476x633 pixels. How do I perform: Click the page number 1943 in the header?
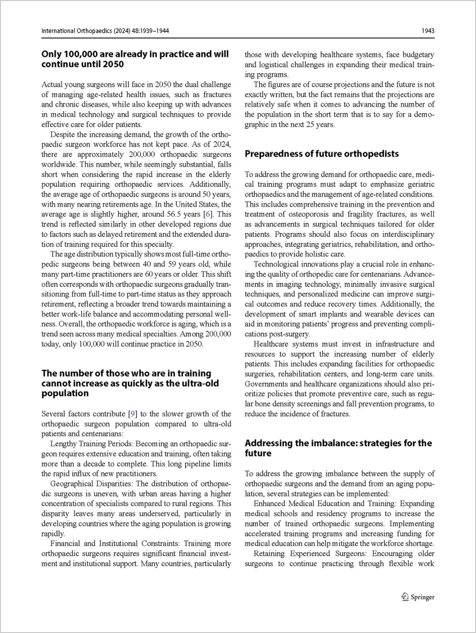tap(428, 31)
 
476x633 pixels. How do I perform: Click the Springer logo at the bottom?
tap(418, 597)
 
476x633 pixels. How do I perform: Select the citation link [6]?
tap(208, 215)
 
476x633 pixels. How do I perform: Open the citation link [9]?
tap(132, 414)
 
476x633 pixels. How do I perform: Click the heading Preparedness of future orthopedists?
tap(322, 154)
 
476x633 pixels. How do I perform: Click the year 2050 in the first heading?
tap(112, 64)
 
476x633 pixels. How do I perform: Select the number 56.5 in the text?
tap(174, 215)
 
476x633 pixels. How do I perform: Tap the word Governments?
tap(266, 384)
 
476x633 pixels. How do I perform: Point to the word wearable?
tap(377, 314)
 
